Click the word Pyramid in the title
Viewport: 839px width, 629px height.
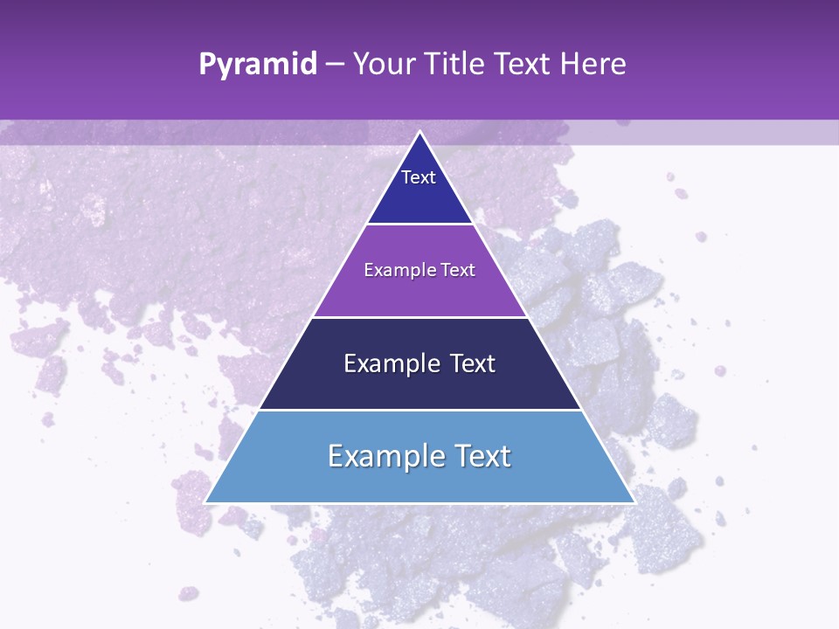pyautogui.click(x=257, y=65)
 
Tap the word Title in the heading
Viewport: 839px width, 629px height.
pyautogui.click(x=457, y=65)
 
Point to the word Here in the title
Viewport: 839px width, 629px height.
pyautogui.click(x=593, y=65)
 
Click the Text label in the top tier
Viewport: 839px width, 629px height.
pyautogui.click(x=419, y=177)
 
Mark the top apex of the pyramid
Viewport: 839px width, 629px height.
pyautogui.click(x=419, y=132)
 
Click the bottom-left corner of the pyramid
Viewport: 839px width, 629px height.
pyautogui.click(x=205, y=502)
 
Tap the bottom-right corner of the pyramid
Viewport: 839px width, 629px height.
pyautogui.click(x=634, y=502)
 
